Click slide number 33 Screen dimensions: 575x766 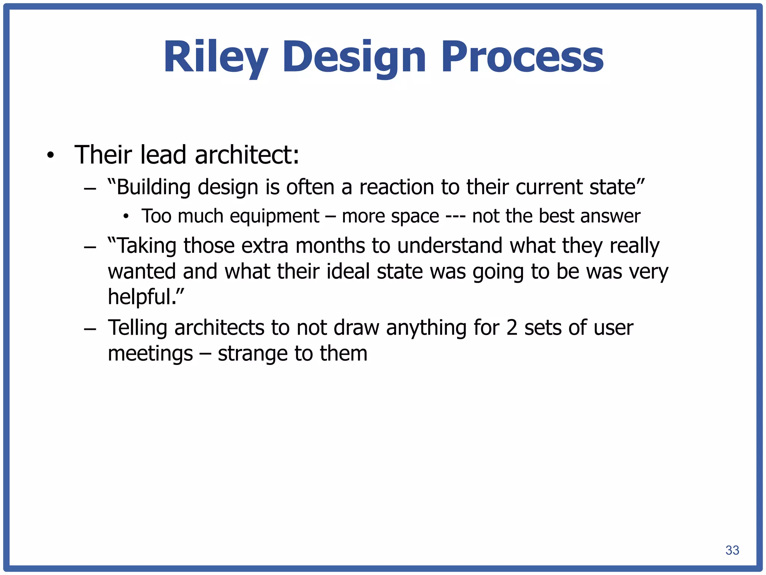732,550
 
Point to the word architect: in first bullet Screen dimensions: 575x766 247,155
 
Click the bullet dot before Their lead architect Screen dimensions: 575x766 50,155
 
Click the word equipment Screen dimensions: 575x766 275,216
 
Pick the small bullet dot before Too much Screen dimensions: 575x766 126,216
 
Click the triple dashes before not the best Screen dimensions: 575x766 456,216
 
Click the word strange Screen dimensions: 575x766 252,353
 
